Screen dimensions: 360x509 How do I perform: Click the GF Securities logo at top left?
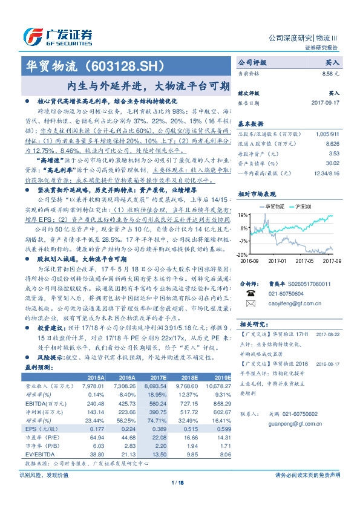coord(57,36)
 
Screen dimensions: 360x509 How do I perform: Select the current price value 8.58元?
coord(330,73)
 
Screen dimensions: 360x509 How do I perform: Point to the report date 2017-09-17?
coord(321,103)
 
